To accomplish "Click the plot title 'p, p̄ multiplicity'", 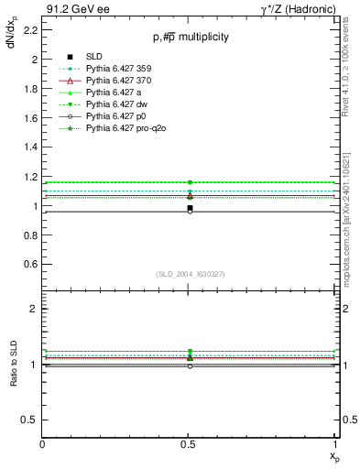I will [191, 38].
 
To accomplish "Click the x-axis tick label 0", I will [43, 444].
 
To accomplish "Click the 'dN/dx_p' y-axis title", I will [12, 41].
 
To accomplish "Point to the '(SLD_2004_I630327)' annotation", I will [190, 274].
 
